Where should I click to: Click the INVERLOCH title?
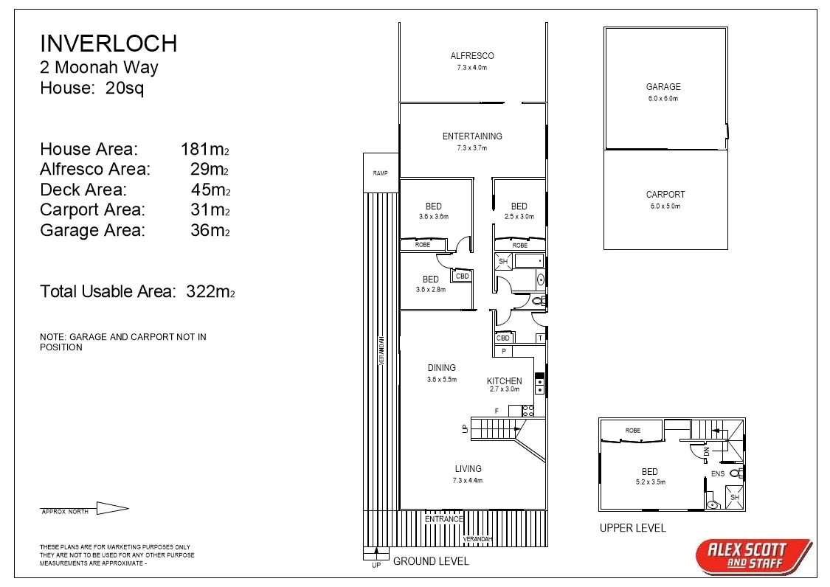108,44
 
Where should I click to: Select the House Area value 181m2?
205,150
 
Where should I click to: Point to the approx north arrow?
112,508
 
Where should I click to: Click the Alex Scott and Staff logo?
753,556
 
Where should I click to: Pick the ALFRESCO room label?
472,56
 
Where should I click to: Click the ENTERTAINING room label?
472,136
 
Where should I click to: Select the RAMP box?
381,173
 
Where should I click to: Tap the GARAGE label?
663,87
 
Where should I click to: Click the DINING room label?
442,368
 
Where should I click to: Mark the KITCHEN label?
505,381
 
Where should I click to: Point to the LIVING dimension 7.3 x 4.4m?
468,481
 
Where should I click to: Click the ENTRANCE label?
444,519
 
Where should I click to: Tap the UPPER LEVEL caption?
632,528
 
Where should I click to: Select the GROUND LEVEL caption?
431,561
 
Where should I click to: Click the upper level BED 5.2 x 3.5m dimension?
649,482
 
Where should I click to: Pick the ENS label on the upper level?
718,474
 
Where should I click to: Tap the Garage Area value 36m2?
210,230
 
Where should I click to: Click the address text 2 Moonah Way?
99,69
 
